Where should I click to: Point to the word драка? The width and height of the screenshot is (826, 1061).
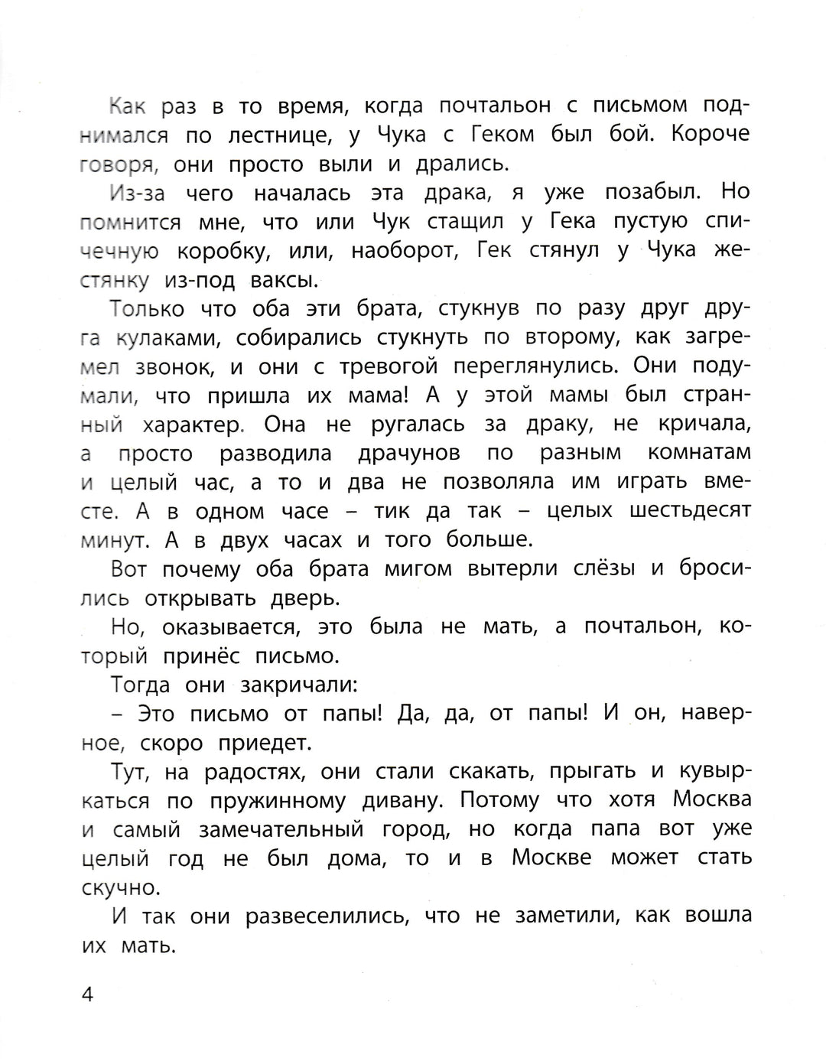tap(483, 193)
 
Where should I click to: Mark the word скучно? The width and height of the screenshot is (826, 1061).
tap(121, 888)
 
